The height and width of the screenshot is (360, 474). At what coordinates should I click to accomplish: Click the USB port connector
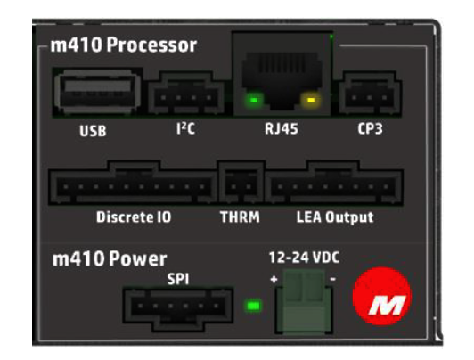point(97,92)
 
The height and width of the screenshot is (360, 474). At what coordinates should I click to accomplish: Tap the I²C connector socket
point(186,93)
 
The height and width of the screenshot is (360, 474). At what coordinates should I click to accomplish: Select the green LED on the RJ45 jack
point(254,100)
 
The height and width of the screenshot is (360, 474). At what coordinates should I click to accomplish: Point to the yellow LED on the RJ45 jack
point(310,100)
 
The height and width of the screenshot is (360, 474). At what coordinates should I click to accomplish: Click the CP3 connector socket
point(370,93)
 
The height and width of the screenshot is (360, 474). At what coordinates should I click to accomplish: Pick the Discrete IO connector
point(133,183)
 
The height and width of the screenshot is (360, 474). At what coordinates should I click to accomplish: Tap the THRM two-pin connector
point(241,183)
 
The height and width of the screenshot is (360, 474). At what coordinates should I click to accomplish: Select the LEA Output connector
point(334,183)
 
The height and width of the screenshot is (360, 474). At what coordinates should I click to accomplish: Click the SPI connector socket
point(178,309)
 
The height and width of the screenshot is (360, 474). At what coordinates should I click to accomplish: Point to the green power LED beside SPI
point(253,306)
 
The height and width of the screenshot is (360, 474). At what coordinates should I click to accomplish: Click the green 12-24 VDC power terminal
point(304,301)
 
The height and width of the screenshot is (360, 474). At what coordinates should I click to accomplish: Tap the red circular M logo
point(382,296)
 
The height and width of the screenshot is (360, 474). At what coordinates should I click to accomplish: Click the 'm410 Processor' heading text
point(124,45)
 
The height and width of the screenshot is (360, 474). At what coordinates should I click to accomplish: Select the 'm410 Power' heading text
point(110,259)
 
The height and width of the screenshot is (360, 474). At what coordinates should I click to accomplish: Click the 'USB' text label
point(93,131)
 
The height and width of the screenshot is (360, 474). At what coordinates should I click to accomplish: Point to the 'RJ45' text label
point(282,129)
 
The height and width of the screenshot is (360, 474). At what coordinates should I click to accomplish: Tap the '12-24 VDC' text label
point(304,258)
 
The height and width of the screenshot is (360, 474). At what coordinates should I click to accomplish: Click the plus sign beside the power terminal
point(274,279)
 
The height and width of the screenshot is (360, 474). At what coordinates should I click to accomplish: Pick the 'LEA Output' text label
point(335,217)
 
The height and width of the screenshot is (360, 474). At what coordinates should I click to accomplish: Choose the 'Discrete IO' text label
point(134,217)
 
